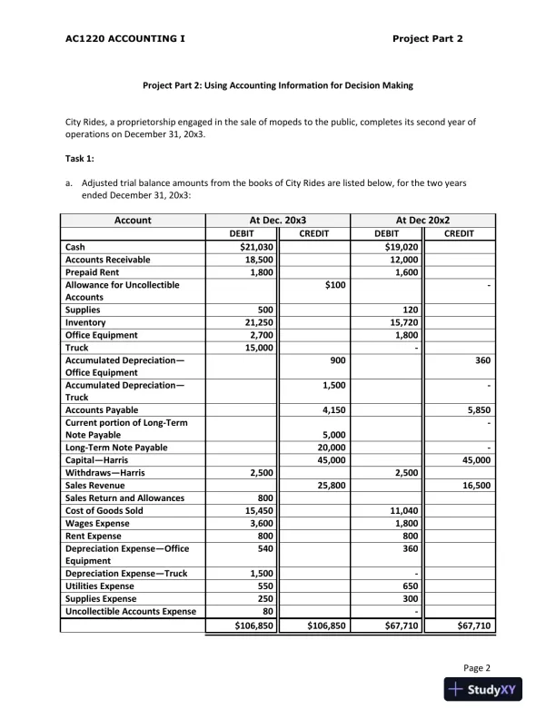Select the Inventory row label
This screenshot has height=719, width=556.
85,322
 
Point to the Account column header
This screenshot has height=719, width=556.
133,221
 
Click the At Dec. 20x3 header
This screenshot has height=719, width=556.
277,221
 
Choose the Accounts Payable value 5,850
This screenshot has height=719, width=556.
476,409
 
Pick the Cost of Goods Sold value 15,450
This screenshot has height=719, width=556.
255,511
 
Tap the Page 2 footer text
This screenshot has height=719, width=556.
477,667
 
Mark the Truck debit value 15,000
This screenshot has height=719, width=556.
256,348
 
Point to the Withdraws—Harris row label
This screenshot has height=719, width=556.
104,473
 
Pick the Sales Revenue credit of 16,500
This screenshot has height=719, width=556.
476,486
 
